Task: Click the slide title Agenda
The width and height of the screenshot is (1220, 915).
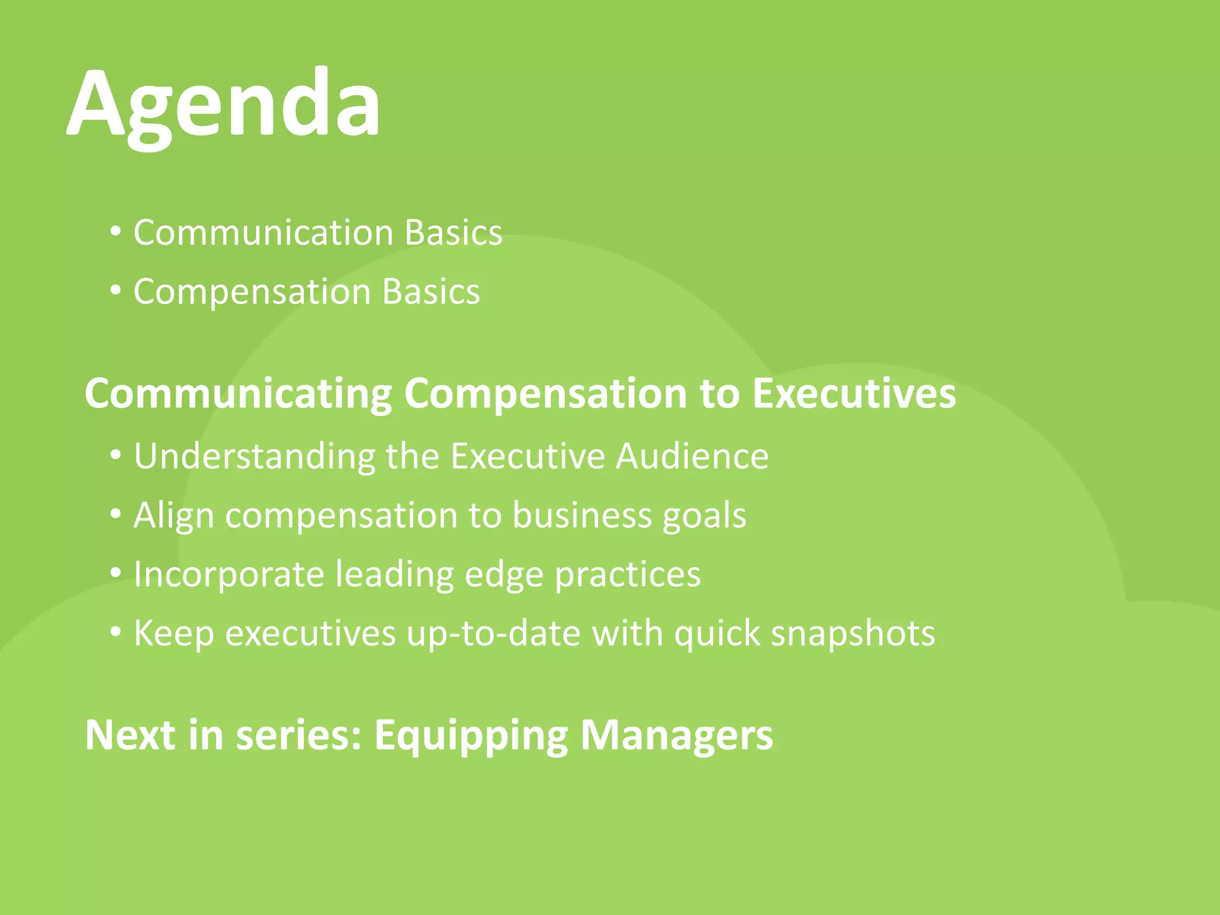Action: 223,104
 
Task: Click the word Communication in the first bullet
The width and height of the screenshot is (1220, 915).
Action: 263,232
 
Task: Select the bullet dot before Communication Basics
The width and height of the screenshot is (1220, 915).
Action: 116,231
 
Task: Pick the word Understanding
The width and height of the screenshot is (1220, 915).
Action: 254,456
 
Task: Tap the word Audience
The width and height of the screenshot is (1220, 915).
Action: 692,456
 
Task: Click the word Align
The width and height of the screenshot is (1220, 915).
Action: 173,515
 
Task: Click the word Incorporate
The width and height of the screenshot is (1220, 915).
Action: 229,575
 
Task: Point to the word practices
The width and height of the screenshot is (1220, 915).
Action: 627,575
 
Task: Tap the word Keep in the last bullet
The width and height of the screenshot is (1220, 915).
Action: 173,633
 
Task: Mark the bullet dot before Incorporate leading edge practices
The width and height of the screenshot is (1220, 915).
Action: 116,573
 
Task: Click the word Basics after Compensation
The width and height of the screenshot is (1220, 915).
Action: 431,292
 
